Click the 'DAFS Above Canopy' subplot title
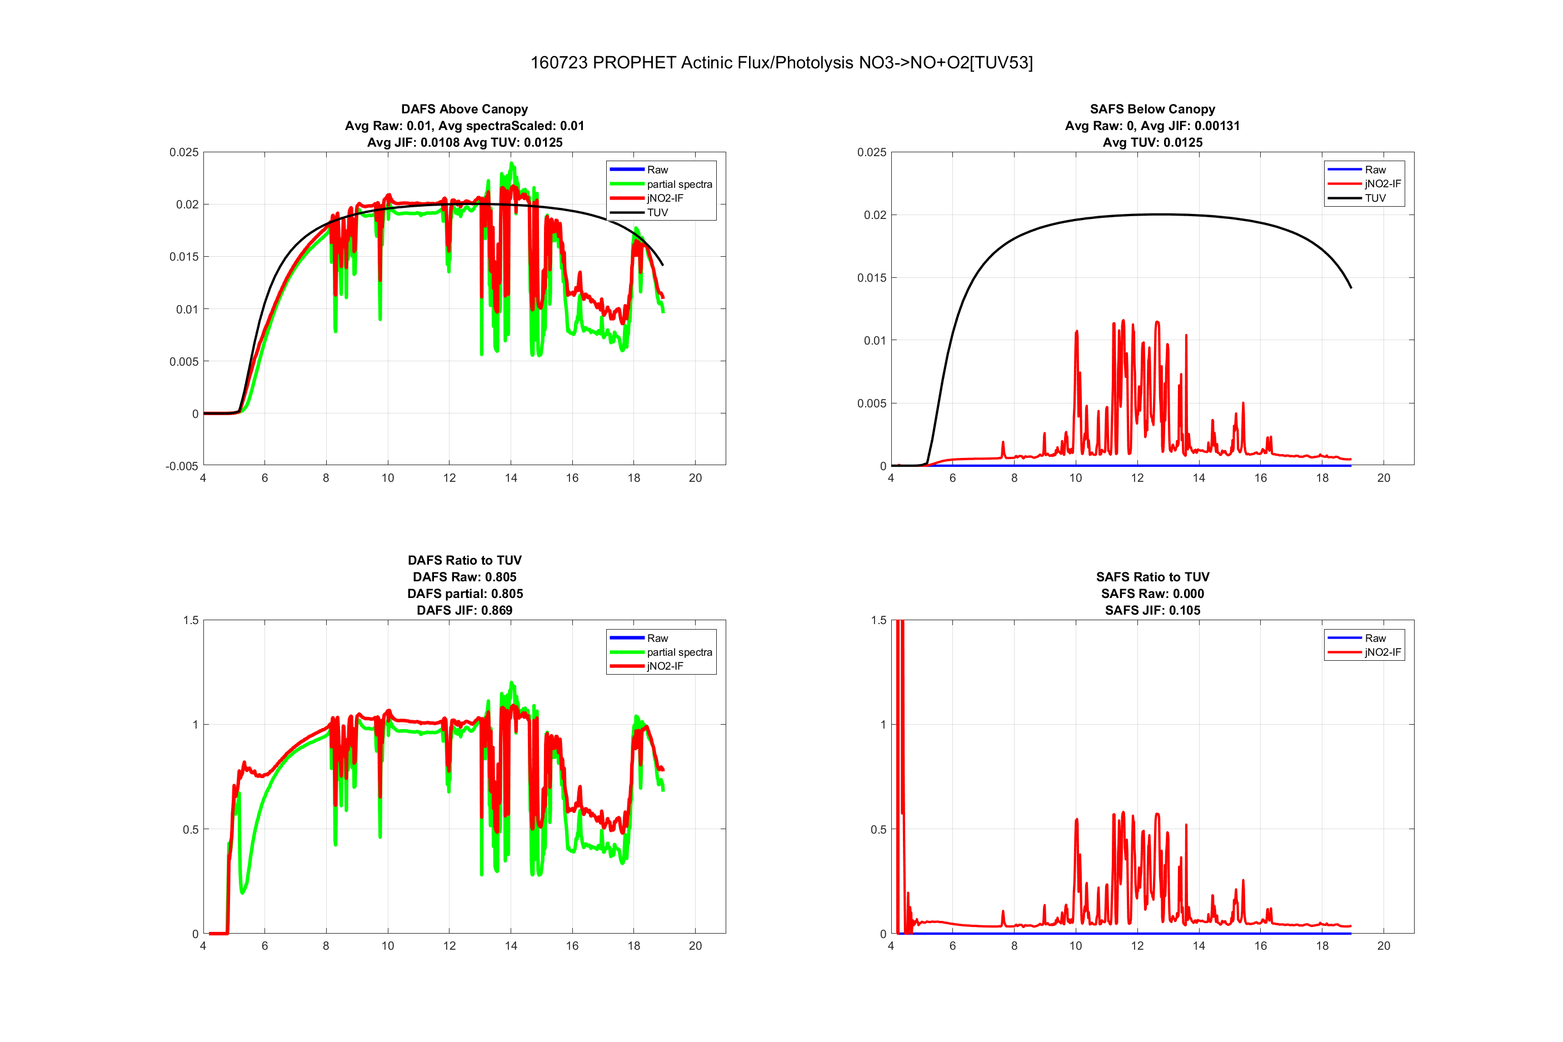465,109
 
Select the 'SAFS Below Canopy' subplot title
1152,109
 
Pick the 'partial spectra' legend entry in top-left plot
679,184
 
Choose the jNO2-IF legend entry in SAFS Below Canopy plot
1382,184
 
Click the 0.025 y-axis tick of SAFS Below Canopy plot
871,152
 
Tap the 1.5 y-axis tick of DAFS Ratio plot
191,620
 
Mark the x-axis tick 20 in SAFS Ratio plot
1383,946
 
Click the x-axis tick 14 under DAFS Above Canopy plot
511,478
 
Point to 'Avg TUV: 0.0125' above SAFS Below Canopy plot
1152,142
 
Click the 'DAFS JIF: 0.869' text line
465,610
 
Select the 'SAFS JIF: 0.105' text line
1152,610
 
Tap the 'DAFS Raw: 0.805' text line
465,577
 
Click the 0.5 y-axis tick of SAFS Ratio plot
878,829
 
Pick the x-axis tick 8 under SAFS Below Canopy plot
1013,478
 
